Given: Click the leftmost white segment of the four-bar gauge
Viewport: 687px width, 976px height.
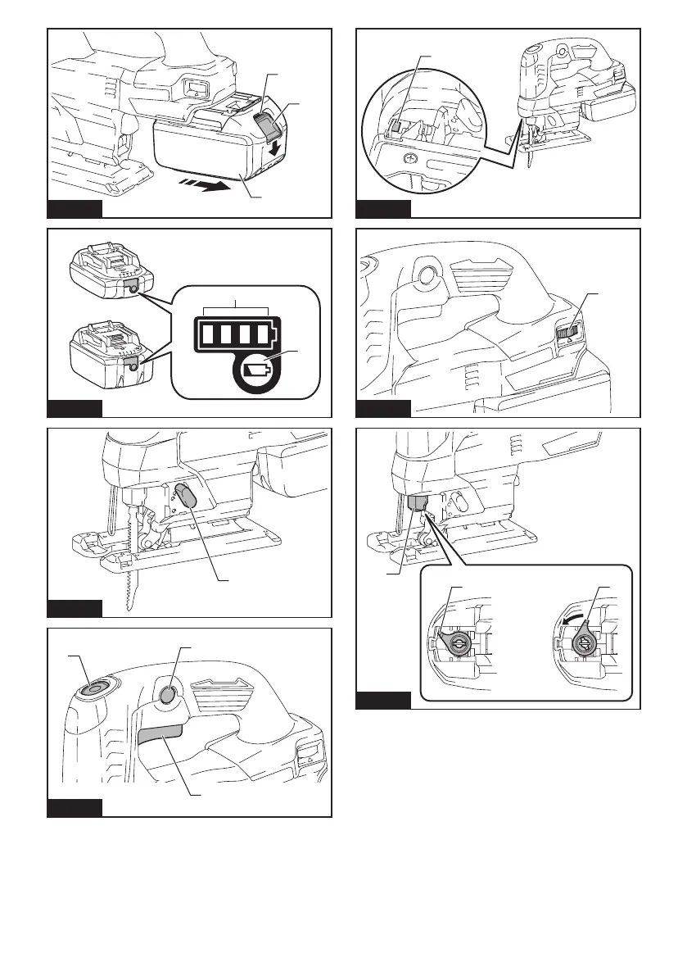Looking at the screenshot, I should point(206,335).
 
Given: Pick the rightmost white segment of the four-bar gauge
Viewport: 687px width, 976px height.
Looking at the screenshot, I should point(262,335).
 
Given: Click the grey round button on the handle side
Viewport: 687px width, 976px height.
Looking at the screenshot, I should point(166,695).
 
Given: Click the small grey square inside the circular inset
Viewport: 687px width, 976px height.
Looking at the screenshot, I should point(392,126).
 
